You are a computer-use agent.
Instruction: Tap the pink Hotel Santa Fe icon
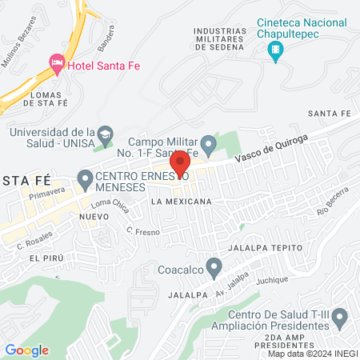56,62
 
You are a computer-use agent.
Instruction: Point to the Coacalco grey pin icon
213,266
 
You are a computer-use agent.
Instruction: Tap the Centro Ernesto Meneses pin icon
84,177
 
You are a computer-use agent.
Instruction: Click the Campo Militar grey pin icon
208,146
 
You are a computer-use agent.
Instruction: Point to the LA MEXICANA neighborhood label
182,202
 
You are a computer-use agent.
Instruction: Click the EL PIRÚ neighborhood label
45,258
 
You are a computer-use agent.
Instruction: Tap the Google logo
26,350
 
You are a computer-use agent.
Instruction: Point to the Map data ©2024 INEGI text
311,353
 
